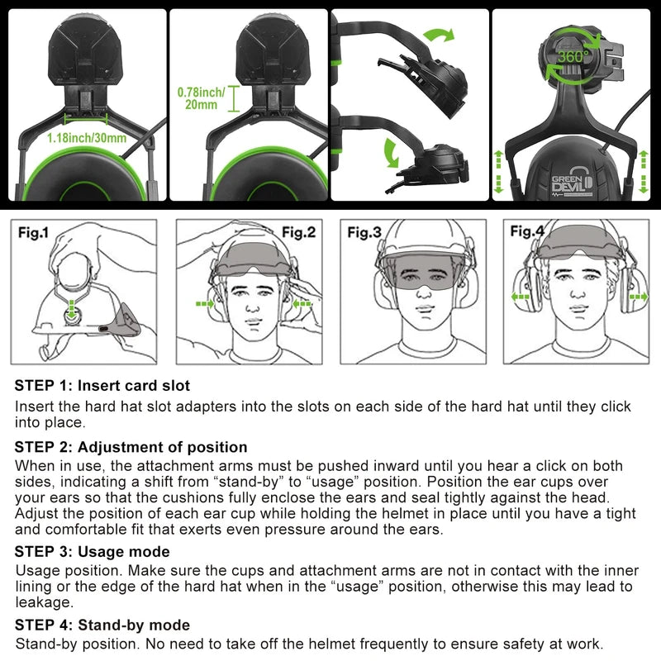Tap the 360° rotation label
tap(571, 57)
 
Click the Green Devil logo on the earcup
tap(573, 180)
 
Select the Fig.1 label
tap(34, 233)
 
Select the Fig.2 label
tap(298, 232)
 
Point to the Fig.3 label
tap(364, 233)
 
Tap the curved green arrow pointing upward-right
tap(438, 35)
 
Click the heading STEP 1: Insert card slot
tap(102, 386)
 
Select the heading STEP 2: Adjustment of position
tap(131, 447)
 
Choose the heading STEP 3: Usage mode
tap(93, 551)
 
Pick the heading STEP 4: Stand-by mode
tap(102, 625)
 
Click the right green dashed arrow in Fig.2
tap(303, 303)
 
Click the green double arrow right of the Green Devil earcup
tap(643, 172)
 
